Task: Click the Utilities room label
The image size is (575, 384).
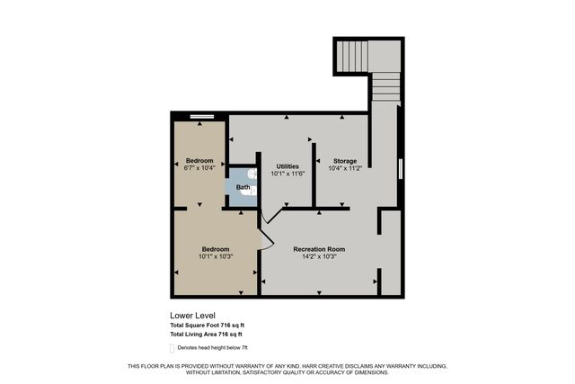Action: click(x=287, y=166)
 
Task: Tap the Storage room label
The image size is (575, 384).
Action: click(x=345, y=161)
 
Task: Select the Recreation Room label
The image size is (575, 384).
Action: click(x=319, y=249)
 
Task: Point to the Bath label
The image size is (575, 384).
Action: click(x=243, y=187)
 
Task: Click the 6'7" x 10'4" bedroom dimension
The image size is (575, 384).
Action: click(x=199, y=168)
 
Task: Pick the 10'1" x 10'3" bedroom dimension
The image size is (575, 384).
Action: click(x=215, y=256)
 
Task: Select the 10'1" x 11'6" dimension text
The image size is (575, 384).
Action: click(x=287, y=174)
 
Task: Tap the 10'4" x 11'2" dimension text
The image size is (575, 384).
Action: click(x=345, y=168)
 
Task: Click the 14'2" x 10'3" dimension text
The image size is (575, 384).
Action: click(x=319, y=256)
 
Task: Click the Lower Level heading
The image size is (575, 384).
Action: click(x=192, y=316)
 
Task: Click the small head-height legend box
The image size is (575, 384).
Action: click(x=172, y=347)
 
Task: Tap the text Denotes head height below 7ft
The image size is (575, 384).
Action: click(x=213, y=347)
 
